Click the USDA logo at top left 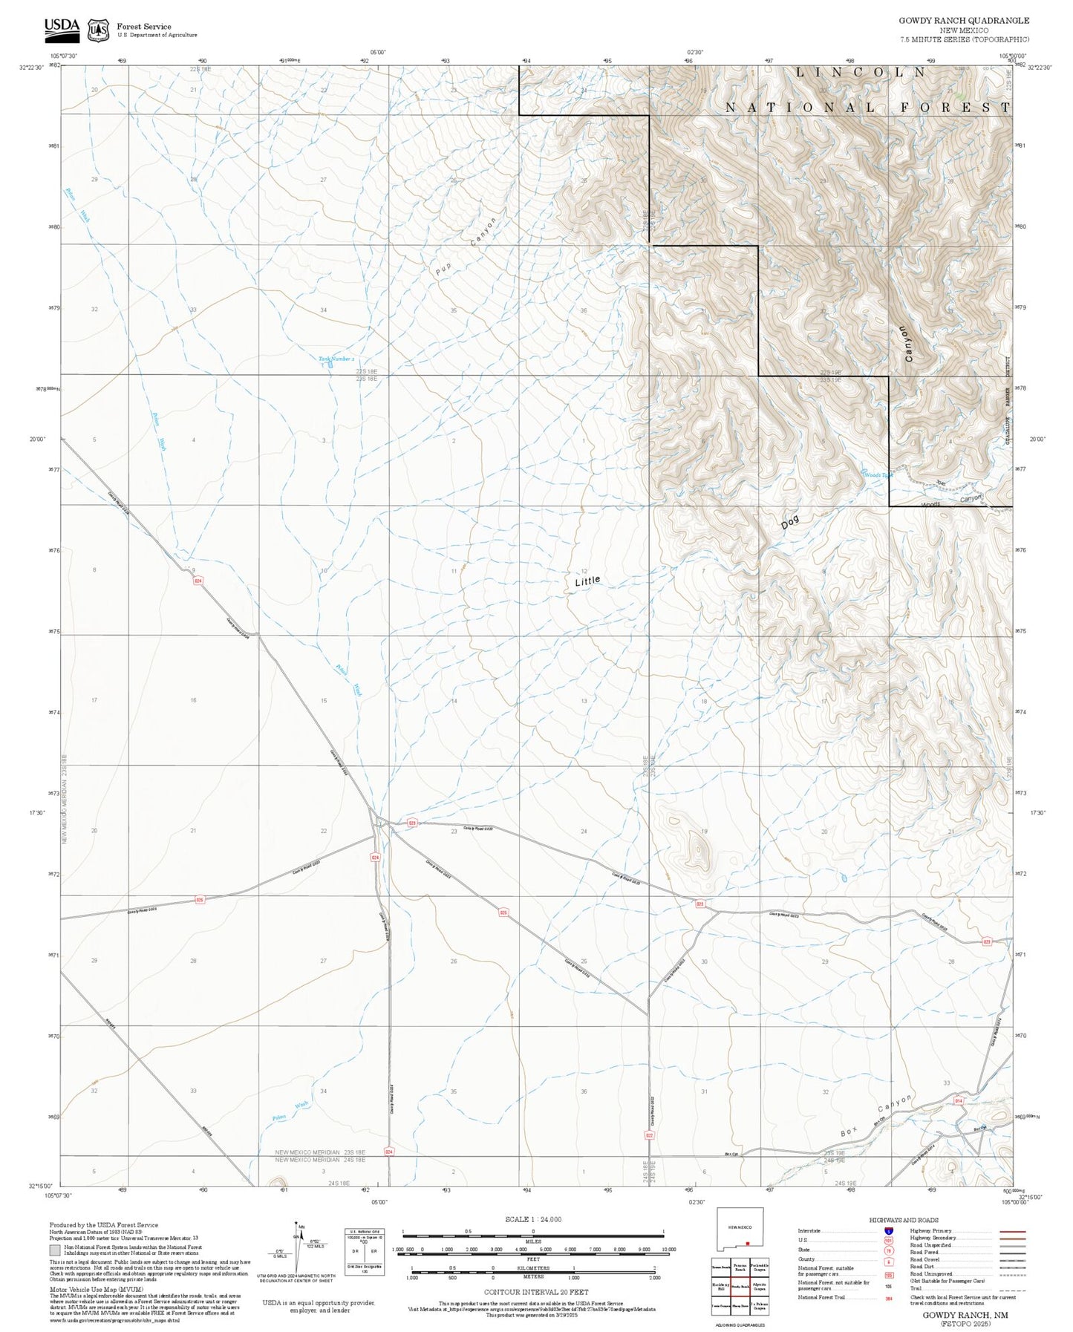point(61,27)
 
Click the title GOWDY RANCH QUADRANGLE point(963,20)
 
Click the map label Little point(587,581)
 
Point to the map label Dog point(790,523)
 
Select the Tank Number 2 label point(336,359)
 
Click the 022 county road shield point(649,1135)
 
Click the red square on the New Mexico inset point(749,1244)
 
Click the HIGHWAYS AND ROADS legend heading point(904,1220)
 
